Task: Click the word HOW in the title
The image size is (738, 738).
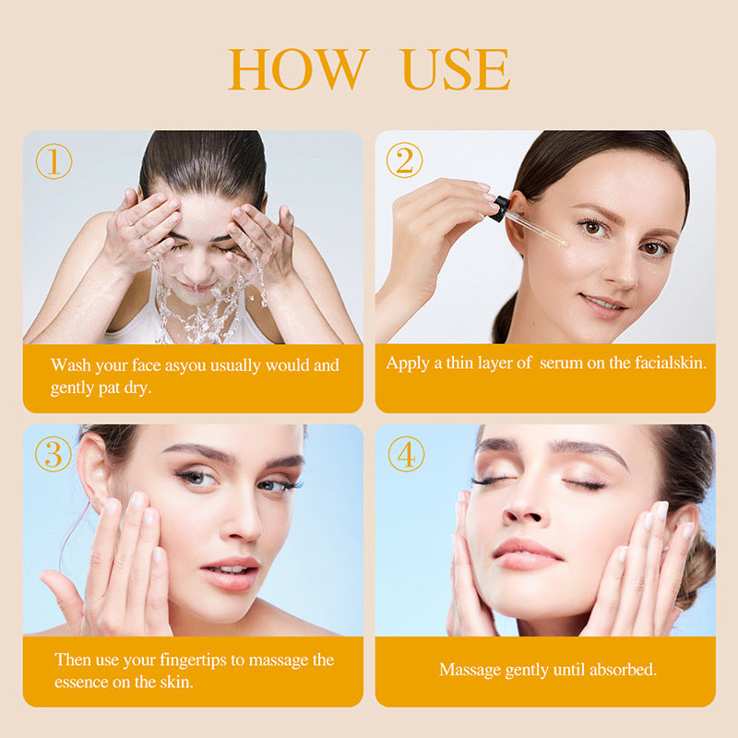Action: pos(298,68)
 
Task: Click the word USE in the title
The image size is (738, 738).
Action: pos(457,68)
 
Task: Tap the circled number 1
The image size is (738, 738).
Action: pos(54,161)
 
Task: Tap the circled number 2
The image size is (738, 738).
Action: pos(404,160)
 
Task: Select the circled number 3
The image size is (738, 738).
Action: pos(54,454)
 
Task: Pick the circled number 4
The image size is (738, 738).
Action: pos(407,454)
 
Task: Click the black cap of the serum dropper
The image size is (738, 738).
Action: pos(499,208)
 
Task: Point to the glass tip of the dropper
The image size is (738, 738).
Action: pos(561,242)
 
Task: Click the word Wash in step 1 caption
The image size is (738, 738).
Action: pos(71,365)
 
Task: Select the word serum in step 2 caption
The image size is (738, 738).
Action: pos(561,363)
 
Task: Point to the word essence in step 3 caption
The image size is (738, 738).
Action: pos(81,683)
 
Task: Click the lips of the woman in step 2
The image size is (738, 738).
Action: pos(603,304)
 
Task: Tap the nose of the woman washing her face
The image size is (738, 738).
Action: pos(197,266)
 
